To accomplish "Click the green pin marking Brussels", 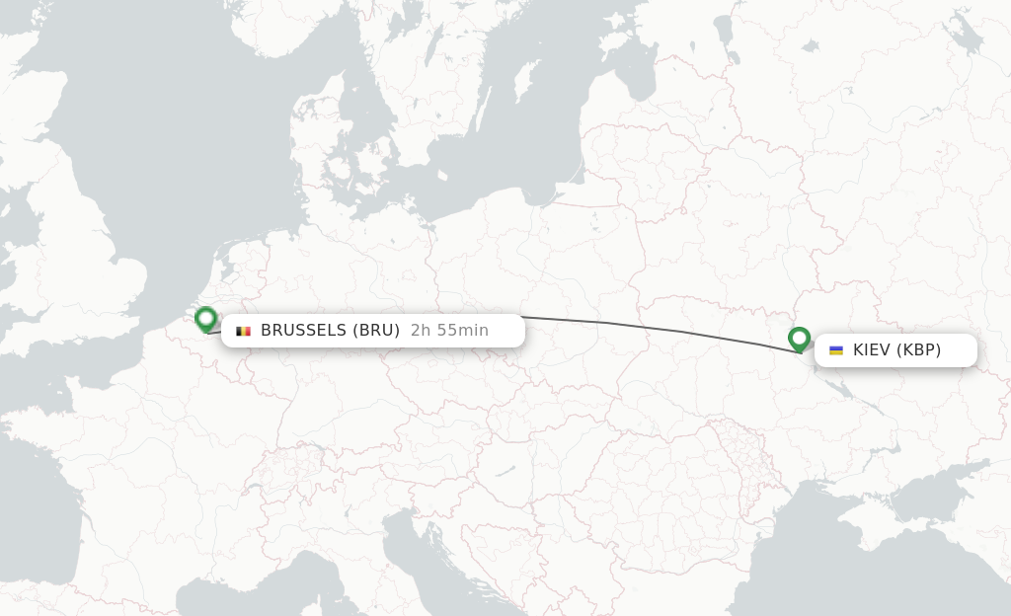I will (205, 318).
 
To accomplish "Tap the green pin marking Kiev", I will (799, 339).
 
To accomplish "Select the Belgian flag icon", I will (243, 331).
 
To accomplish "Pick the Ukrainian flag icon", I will (836, 350).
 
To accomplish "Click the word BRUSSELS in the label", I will (303, 331).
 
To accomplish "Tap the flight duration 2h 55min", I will (449, 331).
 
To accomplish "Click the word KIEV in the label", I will (871, 350).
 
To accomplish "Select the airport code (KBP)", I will (918, 350).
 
